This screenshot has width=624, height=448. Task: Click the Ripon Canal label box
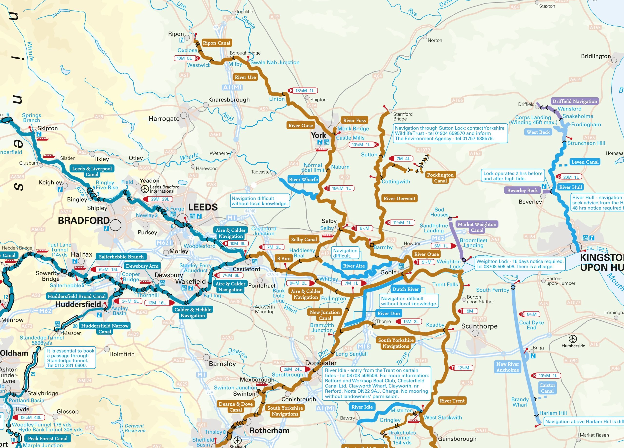click(x=216, y=43)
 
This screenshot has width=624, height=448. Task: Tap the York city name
click(x=318, y=135)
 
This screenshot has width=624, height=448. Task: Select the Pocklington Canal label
click(x=440, y=178)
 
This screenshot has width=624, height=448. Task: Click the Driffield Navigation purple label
click(x=575, y=101)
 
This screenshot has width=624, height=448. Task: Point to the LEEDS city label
click(x=203, y=207)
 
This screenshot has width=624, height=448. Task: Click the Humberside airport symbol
click(x=573, y=339)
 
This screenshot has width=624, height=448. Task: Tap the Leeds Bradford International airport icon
click(x=145, y=189)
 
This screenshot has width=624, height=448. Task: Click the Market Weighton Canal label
click(x=477, y=227)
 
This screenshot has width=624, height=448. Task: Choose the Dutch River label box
click(x=405, y=289)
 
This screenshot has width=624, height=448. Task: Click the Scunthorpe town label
click(x=479, y=326)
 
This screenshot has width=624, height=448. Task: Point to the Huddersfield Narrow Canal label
click(x=105, y=329)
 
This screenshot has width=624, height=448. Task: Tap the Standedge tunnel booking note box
click(x=71, y=358)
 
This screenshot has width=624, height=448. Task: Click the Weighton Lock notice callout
click(x=520, y=264)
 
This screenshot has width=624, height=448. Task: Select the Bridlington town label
click(x=596, y=56)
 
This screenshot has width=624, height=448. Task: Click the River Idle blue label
click(x=362, y=407)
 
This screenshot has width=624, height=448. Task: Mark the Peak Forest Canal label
click(x=47, y=438)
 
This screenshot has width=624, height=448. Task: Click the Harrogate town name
click(x=164, y=119)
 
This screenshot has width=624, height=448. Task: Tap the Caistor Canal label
click(x=547, y=388)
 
